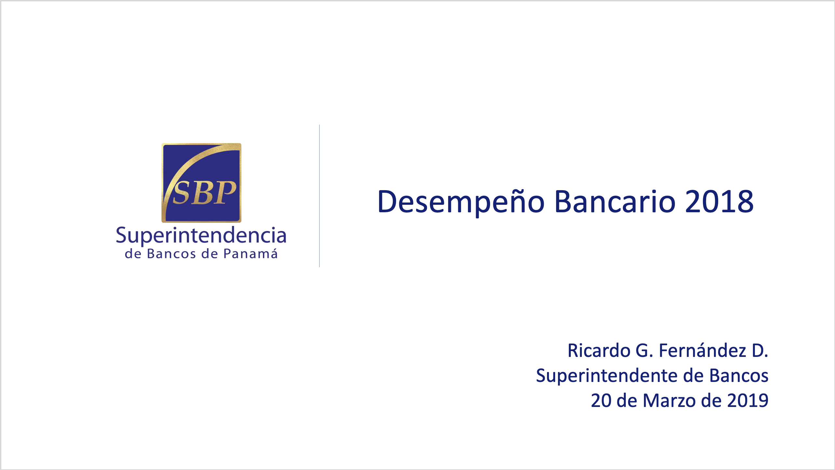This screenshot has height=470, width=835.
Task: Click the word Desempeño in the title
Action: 461,202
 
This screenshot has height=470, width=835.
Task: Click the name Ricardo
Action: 599,351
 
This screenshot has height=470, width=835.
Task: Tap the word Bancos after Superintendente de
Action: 739,376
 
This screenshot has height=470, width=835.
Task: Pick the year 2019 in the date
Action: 748,400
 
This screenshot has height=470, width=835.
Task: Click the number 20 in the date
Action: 601,400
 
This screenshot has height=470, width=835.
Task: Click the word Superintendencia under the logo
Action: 201,235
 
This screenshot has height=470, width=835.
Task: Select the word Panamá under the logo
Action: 251,254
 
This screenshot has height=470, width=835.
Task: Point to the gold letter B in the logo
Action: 203,193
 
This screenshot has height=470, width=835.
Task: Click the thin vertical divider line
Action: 320,196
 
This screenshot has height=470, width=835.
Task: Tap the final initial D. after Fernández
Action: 760,351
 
